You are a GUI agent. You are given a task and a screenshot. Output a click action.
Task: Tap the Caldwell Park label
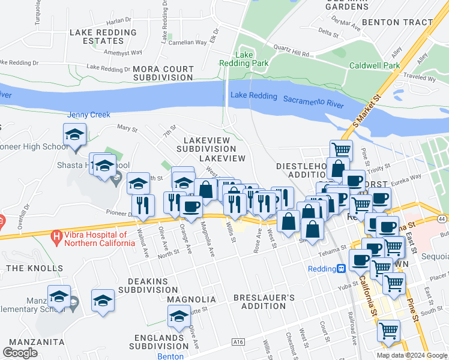(x=375, y=65)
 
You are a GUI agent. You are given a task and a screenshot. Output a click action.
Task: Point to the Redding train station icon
(x=341, y=269)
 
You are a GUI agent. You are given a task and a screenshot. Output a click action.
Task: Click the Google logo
(x=20, y=353)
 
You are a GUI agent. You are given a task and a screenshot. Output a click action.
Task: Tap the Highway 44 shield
(x=442, y=220)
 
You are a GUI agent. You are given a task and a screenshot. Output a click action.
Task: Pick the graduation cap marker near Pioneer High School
(x=74, y=135)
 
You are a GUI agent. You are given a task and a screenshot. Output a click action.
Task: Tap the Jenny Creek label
(x=89, y=115)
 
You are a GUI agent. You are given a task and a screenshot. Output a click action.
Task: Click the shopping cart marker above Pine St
(x=341, y=150)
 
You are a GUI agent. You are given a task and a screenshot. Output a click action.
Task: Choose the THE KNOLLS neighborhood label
(x=35, y=268)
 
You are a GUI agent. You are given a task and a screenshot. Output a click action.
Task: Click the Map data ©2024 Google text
(x=411, y=355)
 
